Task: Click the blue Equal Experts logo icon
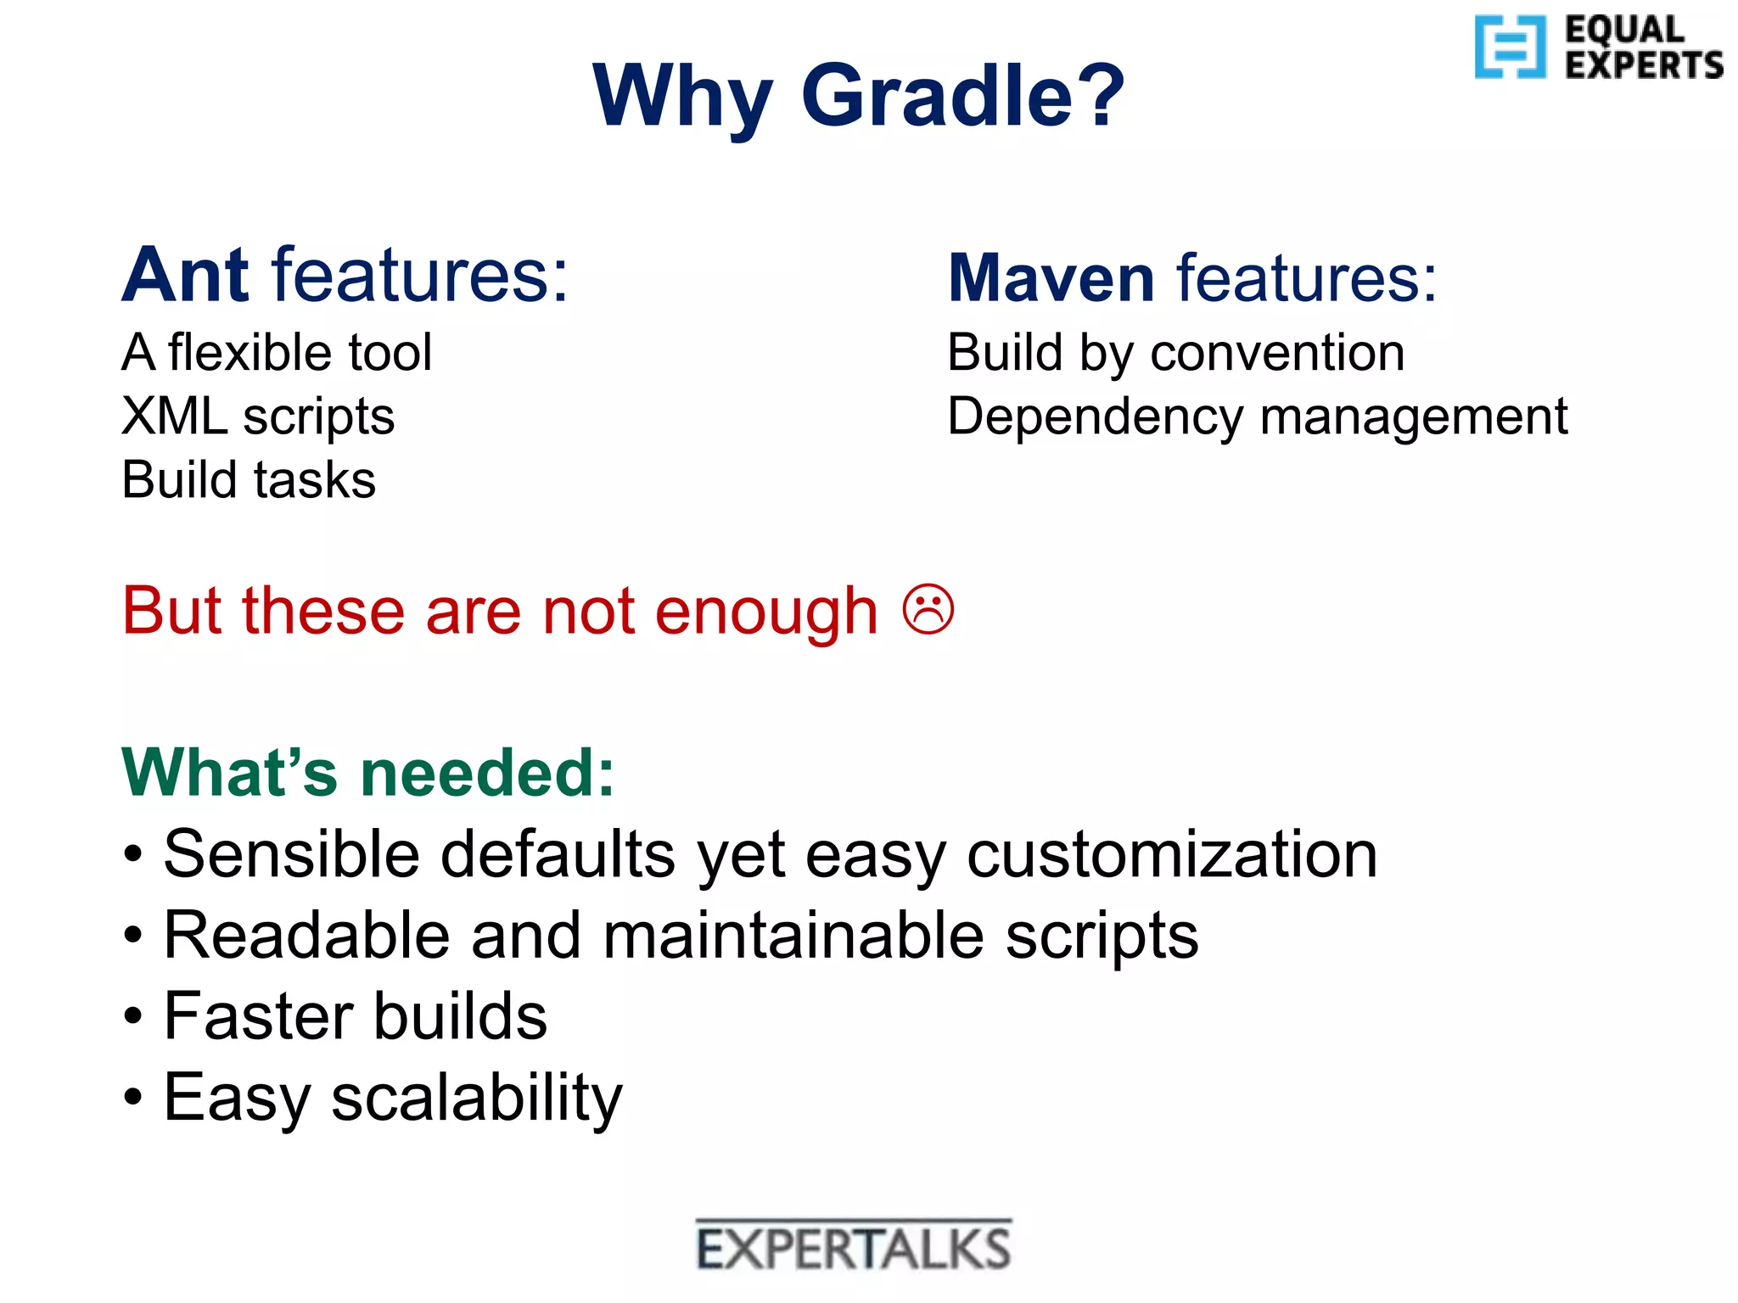point(1509,47)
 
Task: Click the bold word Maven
point(1051,278)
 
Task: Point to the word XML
point(174,416)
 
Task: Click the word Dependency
point(1095,417)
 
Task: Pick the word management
point(1414,417)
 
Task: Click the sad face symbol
point(928,609)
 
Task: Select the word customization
point(1172,854)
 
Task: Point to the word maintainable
point(793,936)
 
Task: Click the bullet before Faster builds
point(133,1015)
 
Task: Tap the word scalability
point(477,1099)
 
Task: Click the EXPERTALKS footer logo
point(854,1247)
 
